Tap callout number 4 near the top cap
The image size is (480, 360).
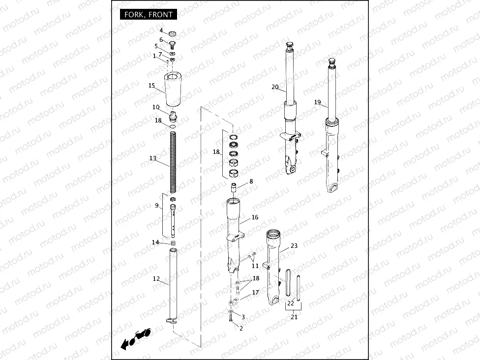pos(161,30)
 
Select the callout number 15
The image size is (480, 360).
pos(151,85)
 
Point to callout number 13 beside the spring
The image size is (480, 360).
pos(152,158)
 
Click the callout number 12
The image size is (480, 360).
pos(156,279)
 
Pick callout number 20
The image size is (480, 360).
pos(275,87)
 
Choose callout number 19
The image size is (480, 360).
pos(318,102)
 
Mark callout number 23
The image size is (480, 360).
pos(294,245)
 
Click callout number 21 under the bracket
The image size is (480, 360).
pos(294,317)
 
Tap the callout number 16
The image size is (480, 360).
pos(255,217)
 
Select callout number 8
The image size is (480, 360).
pos(251,181)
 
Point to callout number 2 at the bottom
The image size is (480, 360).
pos(241,328)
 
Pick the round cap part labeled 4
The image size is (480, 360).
pos(173,33)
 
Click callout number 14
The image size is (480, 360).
pos(155,242)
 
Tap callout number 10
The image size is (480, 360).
pos(156,107)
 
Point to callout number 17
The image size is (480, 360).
pos(255,293)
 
